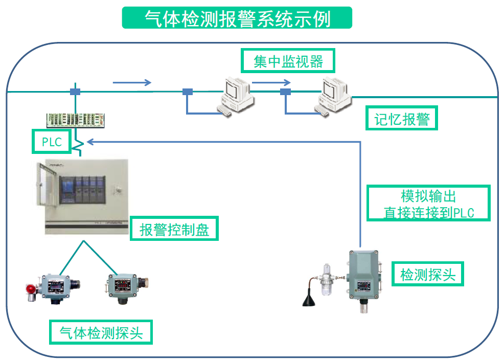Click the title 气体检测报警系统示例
pos(237,18)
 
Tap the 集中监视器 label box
pos(288,61)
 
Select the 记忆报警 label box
pos(402,119)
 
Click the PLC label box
pos(52,142)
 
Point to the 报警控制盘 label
pos(174,230)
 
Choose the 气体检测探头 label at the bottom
pos(101,333)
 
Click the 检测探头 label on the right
pos(427,275)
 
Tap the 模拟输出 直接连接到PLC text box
pos(428,204)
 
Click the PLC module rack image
pos(76,120)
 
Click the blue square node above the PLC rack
pos(75,92)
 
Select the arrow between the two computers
pos(271,82)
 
